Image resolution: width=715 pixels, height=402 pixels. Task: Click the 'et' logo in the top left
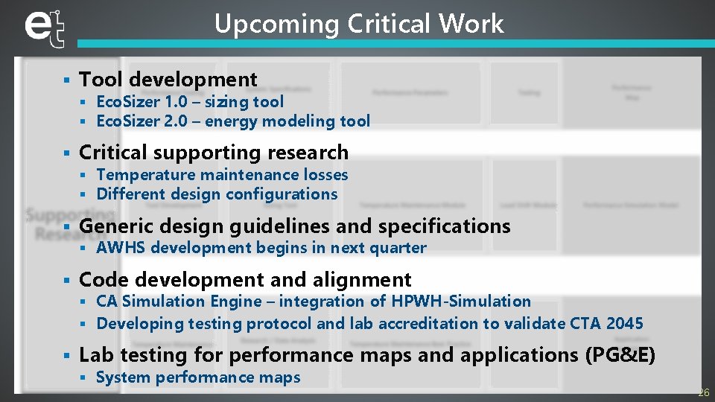click(x=44, y=28)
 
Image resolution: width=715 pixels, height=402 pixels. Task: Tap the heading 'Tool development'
click(x=168, y=79)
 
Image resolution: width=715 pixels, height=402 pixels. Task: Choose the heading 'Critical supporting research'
click(x=213, y=152)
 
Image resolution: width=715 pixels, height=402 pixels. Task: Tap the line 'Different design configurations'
click(x=217, y=194)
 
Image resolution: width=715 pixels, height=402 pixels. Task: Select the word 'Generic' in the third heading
click(x=114, y=226)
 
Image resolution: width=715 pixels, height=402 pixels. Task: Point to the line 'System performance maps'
click(x=198, y=377)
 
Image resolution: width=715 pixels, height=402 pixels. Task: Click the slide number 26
click(x=703, y=392)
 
